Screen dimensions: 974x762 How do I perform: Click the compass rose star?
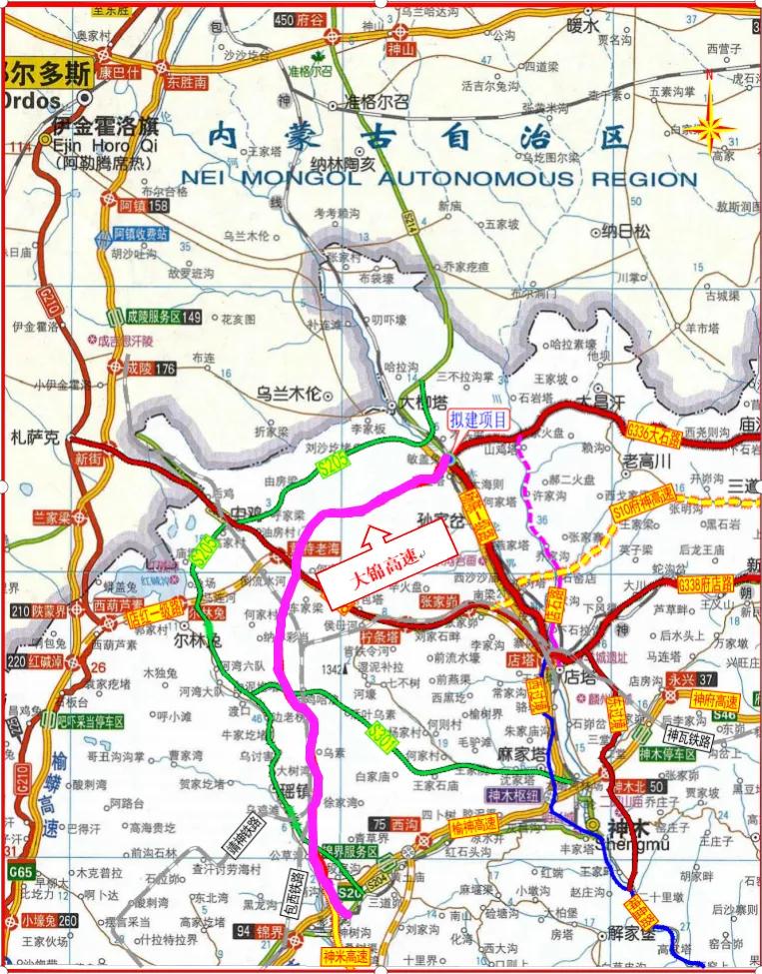point(712,127)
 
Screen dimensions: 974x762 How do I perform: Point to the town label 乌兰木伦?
point(290,394)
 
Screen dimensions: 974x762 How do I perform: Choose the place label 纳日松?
point(626,232)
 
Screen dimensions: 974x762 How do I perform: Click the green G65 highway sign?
point(20,872)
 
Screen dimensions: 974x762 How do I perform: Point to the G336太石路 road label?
point(654,434)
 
